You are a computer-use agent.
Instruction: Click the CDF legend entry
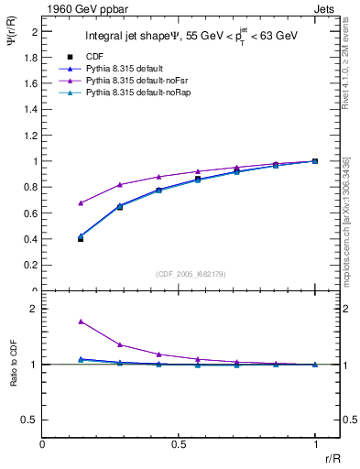[x=92, y=56]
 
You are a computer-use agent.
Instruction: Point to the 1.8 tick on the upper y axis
[x=32, y=57]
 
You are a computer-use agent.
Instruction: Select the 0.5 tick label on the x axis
[x=179, y=444]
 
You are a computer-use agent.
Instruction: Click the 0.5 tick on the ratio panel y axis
[x=32, y=420]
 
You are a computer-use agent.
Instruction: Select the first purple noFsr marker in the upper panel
[x=81, y=202]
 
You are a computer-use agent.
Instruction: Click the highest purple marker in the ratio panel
[x=81, y=322]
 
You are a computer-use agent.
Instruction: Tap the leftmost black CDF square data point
[x=81, y=238]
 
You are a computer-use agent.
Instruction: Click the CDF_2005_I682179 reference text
[x=178, y=273]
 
